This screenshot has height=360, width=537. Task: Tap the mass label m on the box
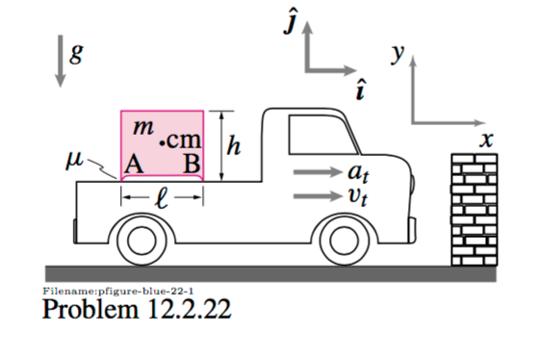point(142,126)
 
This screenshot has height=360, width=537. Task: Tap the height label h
point(233,145)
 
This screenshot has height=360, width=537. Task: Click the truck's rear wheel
point(141,238)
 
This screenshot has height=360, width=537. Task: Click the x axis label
point(487,140)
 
